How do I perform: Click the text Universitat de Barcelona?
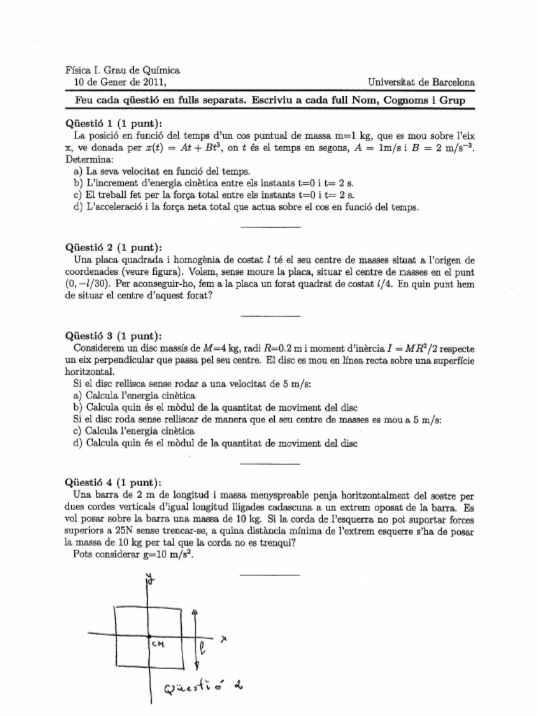coord(421,82)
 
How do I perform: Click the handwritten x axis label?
coord(224,638)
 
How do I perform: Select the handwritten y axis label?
coord(149,578)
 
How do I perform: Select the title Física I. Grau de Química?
coord(122,70)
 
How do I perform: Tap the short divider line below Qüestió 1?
coord(269,227)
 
